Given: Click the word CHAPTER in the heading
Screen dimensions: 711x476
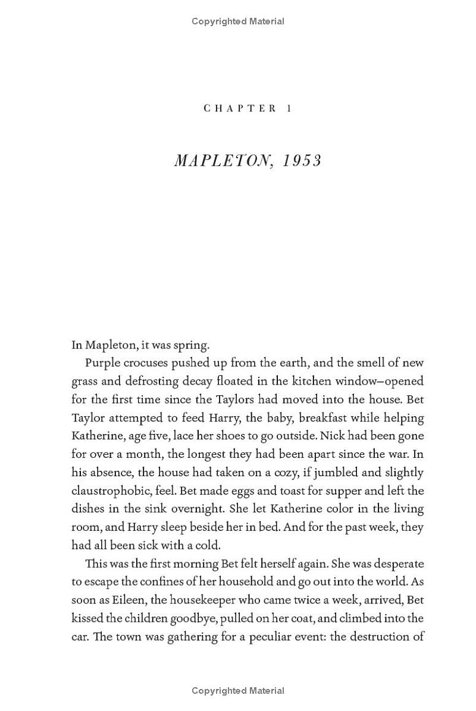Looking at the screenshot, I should point(240,108).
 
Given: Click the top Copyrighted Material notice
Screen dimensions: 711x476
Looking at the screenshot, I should point(238,21).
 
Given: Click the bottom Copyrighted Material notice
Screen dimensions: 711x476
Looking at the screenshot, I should point(238,691).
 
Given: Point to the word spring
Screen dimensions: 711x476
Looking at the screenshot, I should point(191,345).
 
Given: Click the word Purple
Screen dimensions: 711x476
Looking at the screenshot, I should point(104,363).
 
